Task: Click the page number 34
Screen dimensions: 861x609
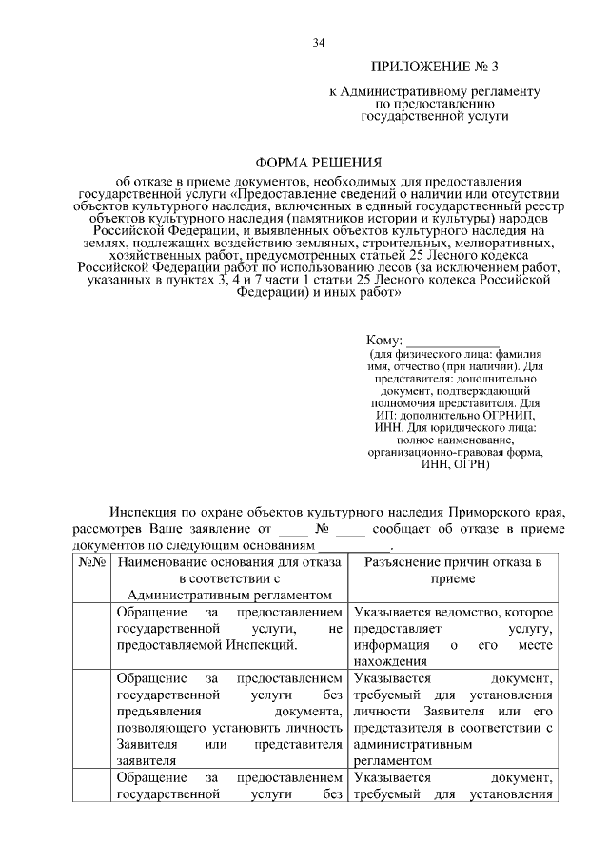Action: [x=319, y=42]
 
